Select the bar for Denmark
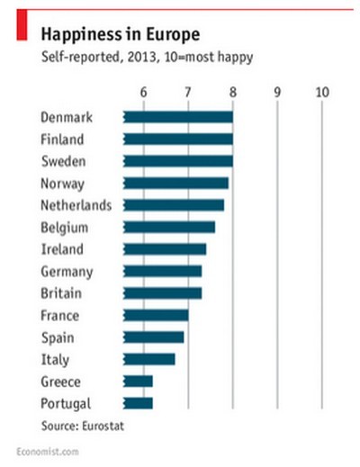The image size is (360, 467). [177, 117]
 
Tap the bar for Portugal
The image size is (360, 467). [139, 402]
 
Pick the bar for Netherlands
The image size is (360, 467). [173, 205]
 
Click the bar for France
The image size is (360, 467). [155, 315]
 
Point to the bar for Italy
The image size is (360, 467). [148, 359]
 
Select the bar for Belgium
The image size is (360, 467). [168, 227]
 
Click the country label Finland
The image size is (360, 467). [63, 139]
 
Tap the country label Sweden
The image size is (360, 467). [64, 161]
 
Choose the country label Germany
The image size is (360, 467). [67, 271]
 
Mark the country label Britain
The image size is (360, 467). [61, 293]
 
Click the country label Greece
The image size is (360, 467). [60, 381]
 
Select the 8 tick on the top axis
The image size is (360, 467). [232, 92]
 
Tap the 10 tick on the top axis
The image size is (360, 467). [322, 92]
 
